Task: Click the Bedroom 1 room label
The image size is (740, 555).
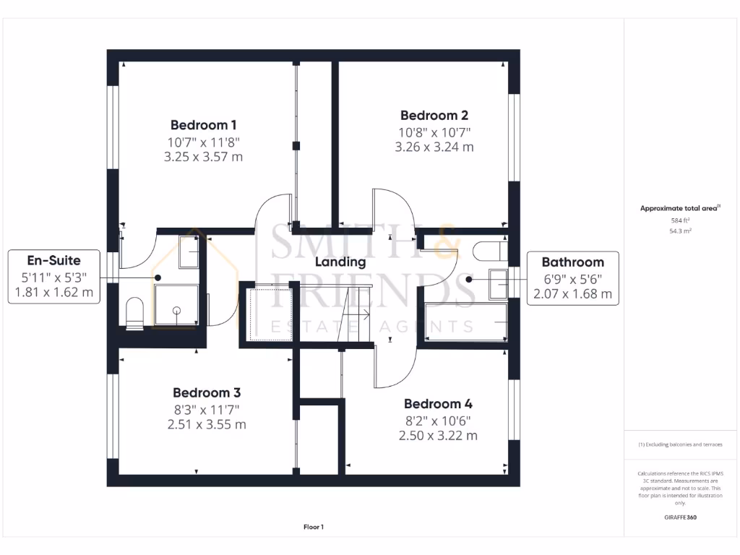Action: [203, 124]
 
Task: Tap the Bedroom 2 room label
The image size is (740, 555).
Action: [434, 115]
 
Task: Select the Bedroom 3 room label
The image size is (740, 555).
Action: [206, 392]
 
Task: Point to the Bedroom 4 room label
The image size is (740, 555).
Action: [437, 403]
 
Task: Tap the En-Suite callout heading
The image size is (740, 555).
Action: [53, 260]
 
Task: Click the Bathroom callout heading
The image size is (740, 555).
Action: [572, 262]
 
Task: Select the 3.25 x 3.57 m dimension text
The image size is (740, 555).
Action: [203, 156]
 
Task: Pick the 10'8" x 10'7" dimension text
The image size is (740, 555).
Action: [434, 132]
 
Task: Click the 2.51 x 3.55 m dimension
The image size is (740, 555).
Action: [206, 424]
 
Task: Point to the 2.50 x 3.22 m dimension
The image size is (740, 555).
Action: [437, 435]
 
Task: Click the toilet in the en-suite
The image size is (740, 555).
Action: [135, 314]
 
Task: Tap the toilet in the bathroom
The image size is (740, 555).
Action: [489, 251]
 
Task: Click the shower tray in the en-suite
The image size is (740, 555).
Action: [177, 306]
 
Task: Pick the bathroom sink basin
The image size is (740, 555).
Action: [499, 283]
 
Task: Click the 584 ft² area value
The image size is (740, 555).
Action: [681, 220]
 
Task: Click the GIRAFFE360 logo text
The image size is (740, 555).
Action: [680, 517]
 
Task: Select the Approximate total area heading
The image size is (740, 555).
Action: [680, 208]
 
